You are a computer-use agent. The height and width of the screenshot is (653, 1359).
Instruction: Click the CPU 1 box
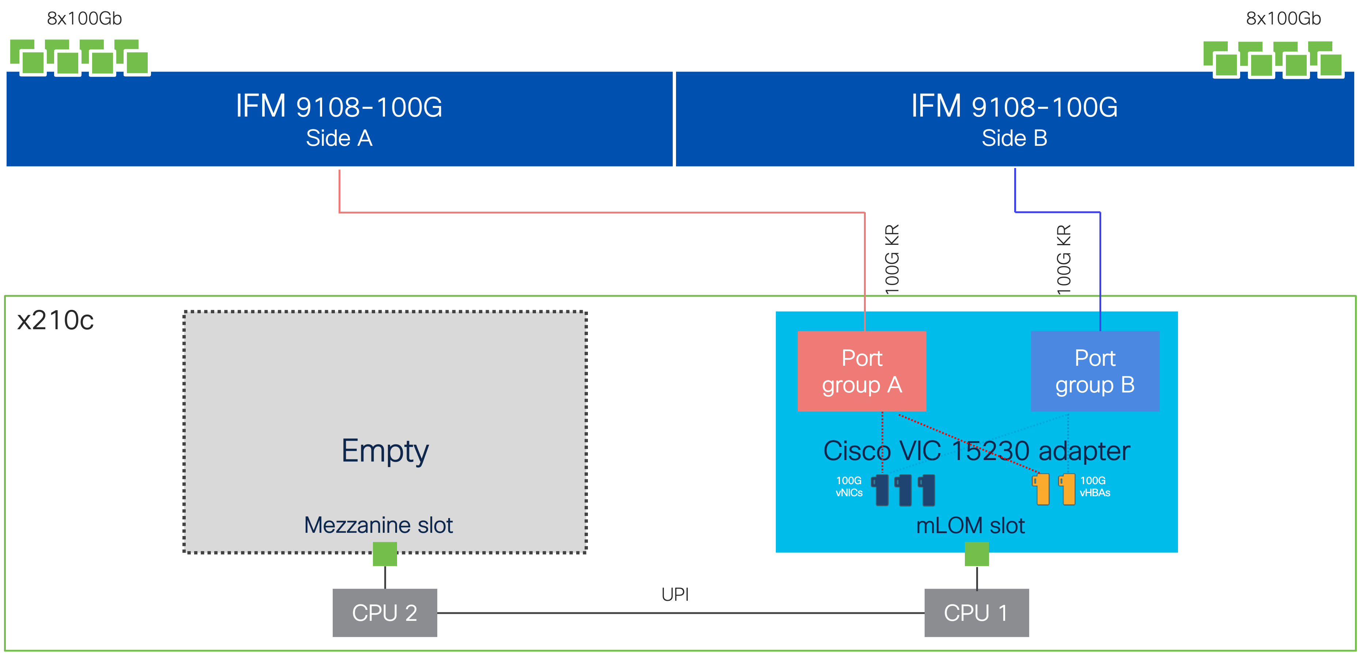976,612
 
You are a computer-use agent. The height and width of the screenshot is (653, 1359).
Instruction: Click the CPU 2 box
385,612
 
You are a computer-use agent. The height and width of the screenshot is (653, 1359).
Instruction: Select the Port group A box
861,371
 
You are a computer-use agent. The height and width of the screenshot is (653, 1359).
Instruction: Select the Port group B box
1095,371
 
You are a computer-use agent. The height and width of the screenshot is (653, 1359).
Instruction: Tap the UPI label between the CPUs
675,595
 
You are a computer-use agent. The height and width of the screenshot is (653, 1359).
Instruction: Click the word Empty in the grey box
385,451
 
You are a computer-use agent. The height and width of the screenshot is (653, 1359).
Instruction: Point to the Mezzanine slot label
378,525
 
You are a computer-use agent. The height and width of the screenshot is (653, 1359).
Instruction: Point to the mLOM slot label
970,525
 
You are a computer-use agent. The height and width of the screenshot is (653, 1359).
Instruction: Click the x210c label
56,320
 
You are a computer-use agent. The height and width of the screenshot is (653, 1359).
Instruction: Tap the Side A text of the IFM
339,138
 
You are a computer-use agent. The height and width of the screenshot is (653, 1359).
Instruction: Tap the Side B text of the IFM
1014,138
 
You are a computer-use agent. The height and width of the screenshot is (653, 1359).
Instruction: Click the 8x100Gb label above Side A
84,19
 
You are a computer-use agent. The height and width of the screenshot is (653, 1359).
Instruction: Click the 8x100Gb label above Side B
1283,19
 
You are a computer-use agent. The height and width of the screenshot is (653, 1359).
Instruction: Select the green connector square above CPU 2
385,554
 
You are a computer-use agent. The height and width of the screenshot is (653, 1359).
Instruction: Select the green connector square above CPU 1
977,554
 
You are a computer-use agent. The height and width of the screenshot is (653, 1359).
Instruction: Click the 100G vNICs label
849,486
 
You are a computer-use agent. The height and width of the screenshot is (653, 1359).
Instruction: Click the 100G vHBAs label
1094,486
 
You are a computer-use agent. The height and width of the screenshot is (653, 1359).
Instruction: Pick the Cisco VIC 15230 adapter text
976,451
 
